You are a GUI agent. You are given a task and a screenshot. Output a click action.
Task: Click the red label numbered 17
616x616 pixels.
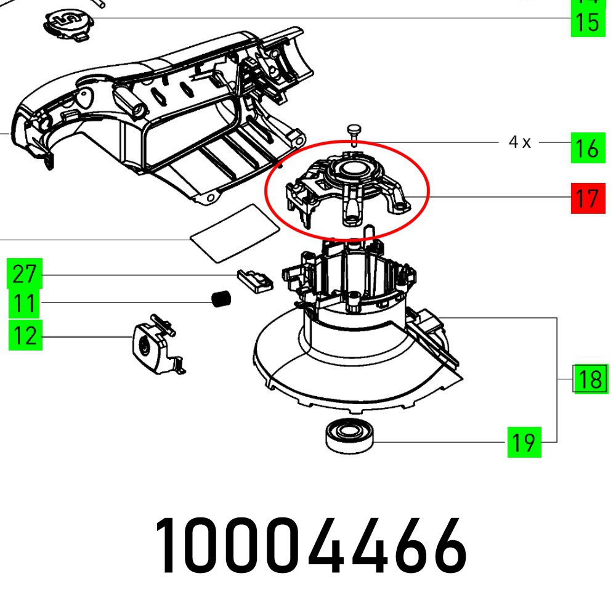tap(588, 198)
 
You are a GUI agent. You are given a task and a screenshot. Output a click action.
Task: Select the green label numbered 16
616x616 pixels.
tap(588, 148)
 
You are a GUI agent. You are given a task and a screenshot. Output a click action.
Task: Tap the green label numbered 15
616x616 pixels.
tap(588, 22)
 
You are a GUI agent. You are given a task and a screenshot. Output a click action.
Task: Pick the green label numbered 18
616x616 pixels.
tap(590, 379)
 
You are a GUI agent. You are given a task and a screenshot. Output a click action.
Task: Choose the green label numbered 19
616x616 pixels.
tap(524, 442)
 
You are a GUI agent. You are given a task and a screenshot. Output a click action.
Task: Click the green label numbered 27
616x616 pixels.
tap(25, 274)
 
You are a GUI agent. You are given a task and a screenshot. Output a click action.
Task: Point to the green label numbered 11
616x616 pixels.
tap(25, 303)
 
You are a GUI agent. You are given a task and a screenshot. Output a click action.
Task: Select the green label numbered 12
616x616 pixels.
tap(25, 336)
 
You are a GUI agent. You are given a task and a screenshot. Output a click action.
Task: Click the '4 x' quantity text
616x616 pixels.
tap(519, 142)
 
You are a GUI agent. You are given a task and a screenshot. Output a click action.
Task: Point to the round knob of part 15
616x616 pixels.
tap(69, 23)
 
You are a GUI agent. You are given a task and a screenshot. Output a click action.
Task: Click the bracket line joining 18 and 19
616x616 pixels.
tap(557, 379)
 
